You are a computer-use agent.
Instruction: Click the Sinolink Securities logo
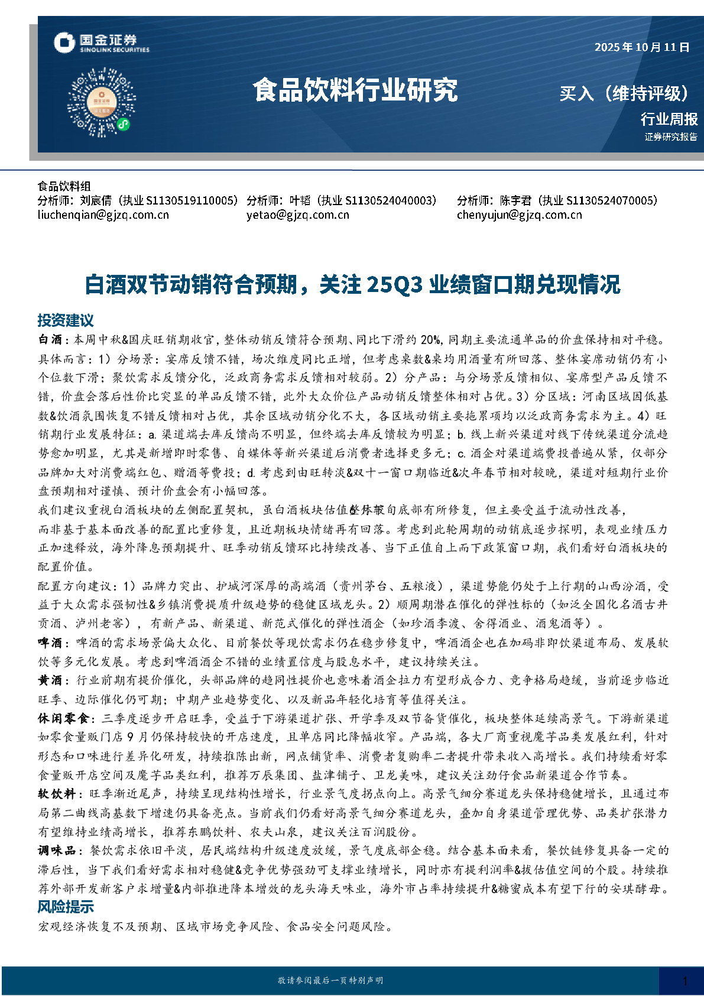(101, 43)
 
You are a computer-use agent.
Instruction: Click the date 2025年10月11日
(642, 47)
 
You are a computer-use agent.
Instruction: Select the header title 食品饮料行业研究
(355, 90)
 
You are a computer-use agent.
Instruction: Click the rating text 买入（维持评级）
(624, 93)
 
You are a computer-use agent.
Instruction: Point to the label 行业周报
(669, 119)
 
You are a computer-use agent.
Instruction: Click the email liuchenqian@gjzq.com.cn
(103, 215)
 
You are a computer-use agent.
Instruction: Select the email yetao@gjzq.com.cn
(298, 215)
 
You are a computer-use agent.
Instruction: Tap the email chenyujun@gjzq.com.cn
(519, 215)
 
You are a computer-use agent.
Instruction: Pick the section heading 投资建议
(66, 320)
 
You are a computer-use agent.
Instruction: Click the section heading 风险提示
(66, 907)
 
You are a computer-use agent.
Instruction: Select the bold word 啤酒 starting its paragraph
(50, 643)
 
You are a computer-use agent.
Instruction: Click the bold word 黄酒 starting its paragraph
(50, 680)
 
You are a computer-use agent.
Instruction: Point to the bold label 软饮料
(57, 794)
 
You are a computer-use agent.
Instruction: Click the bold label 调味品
(57, 851)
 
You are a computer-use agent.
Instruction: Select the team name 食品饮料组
(64, 187)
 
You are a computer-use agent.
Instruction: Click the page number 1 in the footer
(684, 981)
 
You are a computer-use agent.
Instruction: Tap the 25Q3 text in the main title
(394, 285)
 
